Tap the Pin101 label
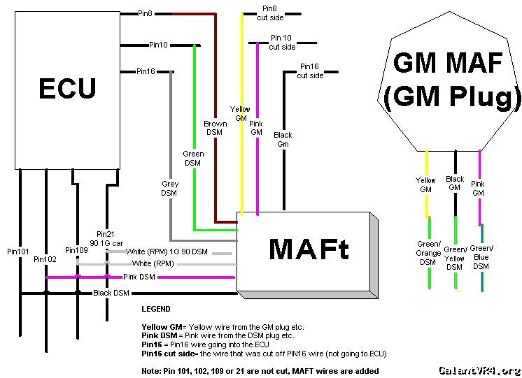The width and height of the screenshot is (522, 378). (x=18, y=251)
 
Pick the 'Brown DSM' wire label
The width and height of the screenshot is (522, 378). (x=216, y=128)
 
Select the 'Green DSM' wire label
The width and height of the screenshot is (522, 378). (x=193, y=158)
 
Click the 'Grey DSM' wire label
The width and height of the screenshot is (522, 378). (x=169, y=188)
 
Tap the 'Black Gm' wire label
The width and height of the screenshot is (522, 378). (x=283, y=139)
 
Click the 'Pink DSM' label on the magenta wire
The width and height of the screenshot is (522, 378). (x=140, y=277)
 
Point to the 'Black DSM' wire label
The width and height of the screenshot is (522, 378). (x=112, y=293)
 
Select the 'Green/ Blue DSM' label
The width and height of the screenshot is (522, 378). (x=481, y=257)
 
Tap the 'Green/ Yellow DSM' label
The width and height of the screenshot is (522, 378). (x=455, y=258)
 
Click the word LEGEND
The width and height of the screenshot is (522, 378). (x=156, y=308)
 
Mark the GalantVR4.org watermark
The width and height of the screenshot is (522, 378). (x=479, y=370)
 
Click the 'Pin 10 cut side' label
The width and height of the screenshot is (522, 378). (x=282, y=42)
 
